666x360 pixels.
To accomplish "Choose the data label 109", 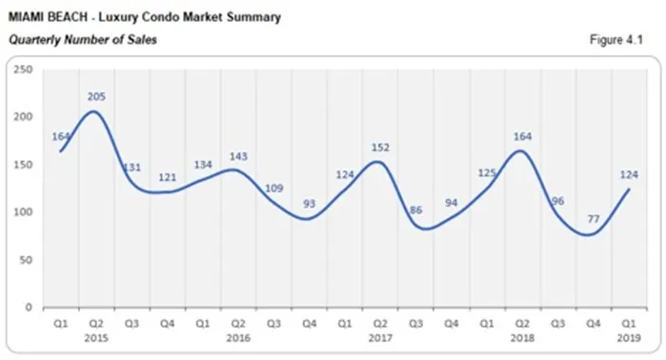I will coord(273,188).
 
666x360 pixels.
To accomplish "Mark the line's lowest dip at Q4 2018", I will coord(593,234).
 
